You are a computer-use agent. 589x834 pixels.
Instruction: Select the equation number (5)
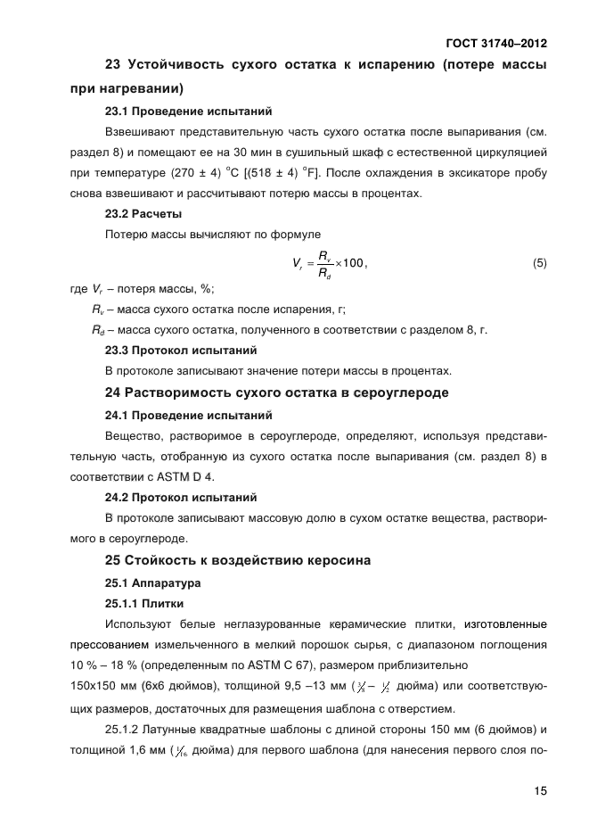click(x=539, y=263)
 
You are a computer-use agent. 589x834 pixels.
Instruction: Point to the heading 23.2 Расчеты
click(x=143, y=214)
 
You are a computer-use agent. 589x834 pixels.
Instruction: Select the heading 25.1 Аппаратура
click(x=152, y=583)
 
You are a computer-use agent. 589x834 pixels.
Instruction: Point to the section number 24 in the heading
click(x=113, y=393)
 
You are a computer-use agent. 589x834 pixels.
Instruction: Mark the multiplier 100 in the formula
click(x=353, y=263)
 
